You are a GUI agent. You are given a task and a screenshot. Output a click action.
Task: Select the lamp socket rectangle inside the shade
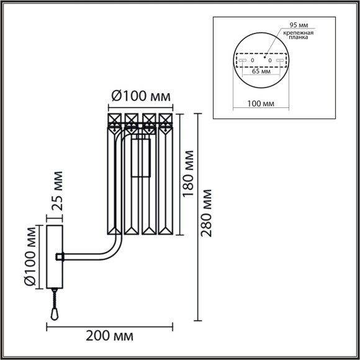coord(142,160)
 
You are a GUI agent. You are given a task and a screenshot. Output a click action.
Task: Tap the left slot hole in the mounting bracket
coord(244,60)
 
